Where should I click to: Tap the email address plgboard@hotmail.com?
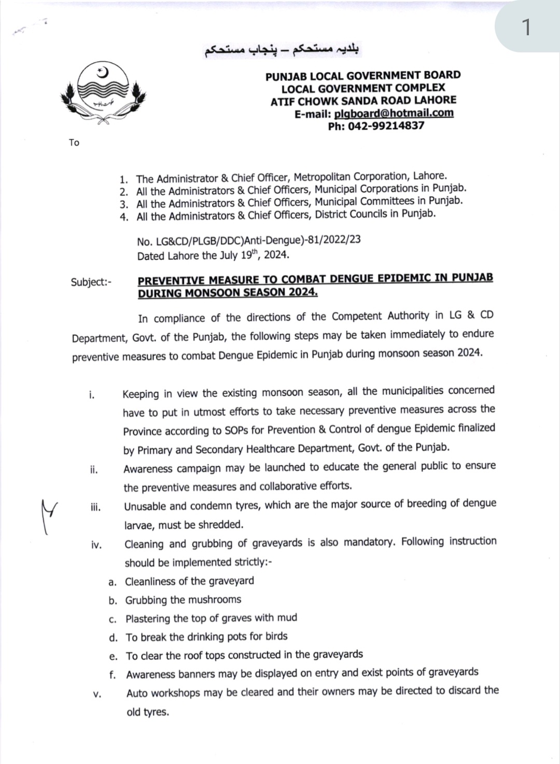(x=394, y=113)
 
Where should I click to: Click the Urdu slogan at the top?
(x=282, y=50)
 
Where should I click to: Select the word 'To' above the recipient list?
(x=74, y=143)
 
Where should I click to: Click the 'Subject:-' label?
(x=91, y=282)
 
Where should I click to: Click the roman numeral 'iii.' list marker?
(x=95, y=507)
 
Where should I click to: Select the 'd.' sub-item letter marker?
(x=113, y=637)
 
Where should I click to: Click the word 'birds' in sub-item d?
(x=276, y=636)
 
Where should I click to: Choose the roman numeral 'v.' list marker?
(x=97, y=694)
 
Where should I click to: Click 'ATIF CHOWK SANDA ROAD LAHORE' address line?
(x=363, y=101)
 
